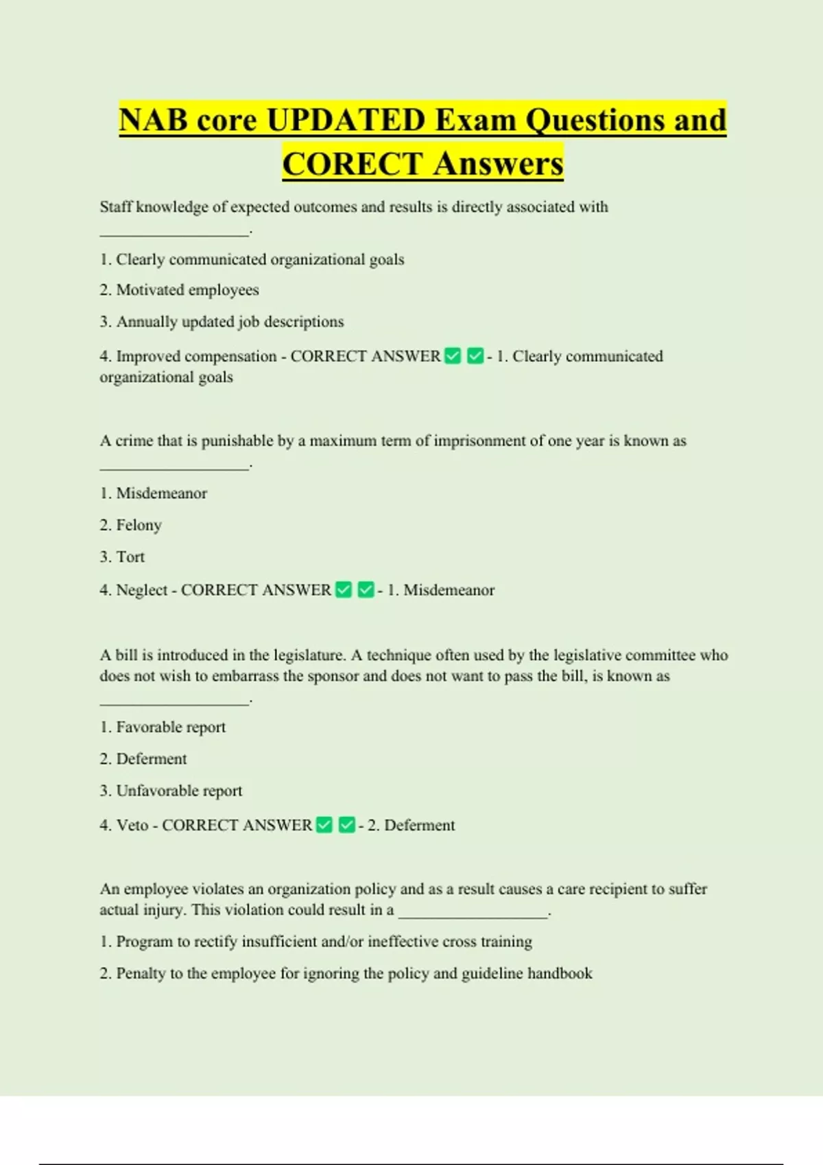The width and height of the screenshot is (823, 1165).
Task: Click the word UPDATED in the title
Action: (x=346, y=121)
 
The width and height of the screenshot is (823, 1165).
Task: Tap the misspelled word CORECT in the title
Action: (x=352, y=164)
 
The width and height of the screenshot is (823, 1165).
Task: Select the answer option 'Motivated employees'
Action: (x=187, y=290)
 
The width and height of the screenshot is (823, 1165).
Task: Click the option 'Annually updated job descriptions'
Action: (x=230, y=321)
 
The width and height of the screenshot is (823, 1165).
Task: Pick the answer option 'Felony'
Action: (x=139, y=525)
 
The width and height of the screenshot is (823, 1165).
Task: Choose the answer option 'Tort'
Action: (x=130, y=556)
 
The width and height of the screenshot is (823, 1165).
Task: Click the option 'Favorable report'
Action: (x=171, y=727)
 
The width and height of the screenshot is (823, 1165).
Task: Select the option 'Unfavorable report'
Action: (x=179, y=791)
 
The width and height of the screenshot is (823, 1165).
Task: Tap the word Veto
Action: (x=132, y=825)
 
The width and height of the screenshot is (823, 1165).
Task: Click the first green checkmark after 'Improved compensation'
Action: (x=453, y=356)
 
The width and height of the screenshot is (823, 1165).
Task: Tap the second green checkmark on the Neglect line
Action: (x=366, y=590)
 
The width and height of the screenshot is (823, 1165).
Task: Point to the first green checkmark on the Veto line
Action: (x=324, y=825)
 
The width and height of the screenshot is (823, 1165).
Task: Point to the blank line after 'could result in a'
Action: (x=474, y=911)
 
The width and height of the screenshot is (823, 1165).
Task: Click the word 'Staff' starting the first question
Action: (x=115, y=207)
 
